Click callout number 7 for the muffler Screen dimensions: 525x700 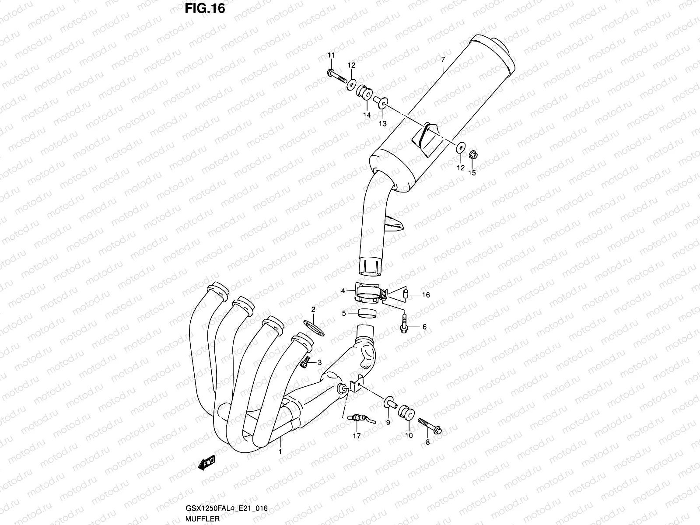pos(443,59)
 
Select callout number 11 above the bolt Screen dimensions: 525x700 pos(331,55)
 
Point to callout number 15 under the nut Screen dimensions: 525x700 pos(472,172)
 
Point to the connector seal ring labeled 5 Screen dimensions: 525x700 pos(367,313)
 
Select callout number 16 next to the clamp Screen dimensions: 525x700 pos(426,295)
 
